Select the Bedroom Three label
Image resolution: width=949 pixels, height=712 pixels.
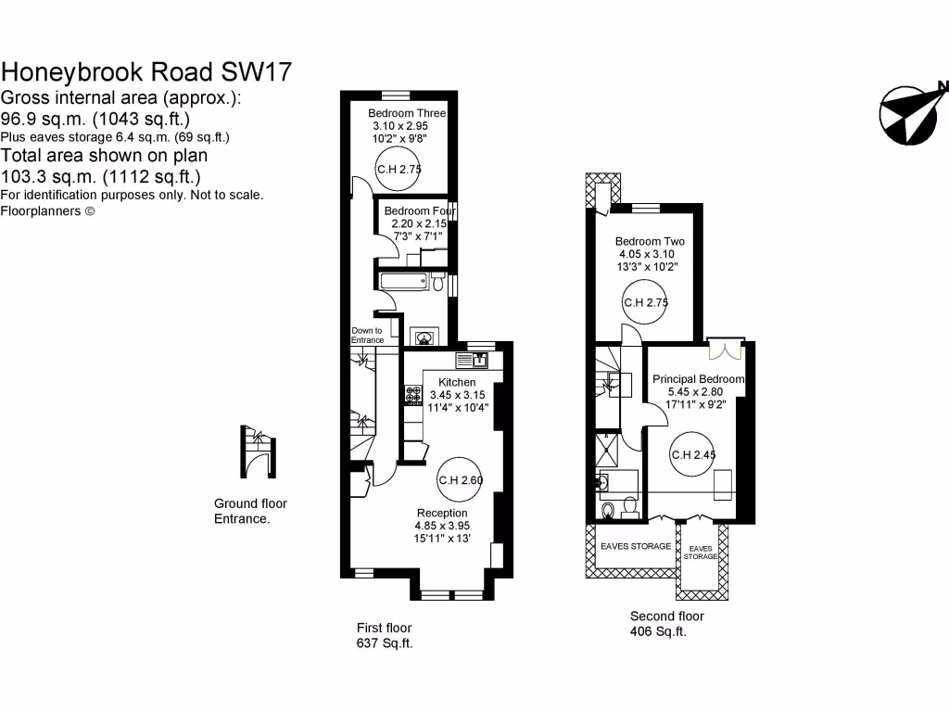(x=407, y=113)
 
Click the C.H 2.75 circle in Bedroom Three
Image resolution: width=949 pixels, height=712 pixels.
(x=399, y=169)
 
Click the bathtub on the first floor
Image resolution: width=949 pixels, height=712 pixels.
(x=405, y=282)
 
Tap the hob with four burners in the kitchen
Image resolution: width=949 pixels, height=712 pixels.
(x=412, y=396)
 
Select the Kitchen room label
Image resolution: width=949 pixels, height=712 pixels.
(x=457, y=382)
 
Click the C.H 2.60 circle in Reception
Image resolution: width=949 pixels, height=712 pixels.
(x=461, y=479)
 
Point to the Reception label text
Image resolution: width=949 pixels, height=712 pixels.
(x=442, y=513)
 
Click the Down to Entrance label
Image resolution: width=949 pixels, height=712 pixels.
(x=367, y=335)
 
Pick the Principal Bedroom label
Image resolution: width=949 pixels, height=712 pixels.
(x=698, y=379)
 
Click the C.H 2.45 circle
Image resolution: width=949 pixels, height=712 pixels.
(x=694, y=454)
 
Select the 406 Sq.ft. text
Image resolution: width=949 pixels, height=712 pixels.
(x=658, y=632)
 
